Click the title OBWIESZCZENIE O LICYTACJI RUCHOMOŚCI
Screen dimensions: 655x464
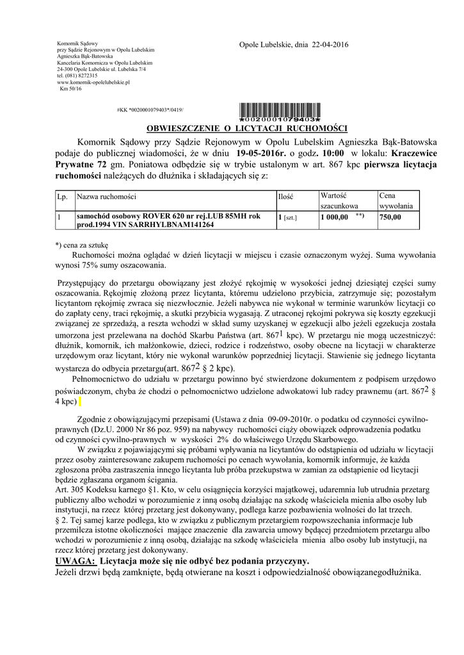[247, 128]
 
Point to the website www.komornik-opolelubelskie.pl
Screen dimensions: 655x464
[93, 83]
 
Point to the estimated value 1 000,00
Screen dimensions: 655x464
[334, 217]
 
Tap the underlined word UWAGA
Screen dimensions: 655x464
[76, 560]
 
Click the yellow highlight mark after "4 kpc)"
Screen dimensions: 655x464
[81, 401]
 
